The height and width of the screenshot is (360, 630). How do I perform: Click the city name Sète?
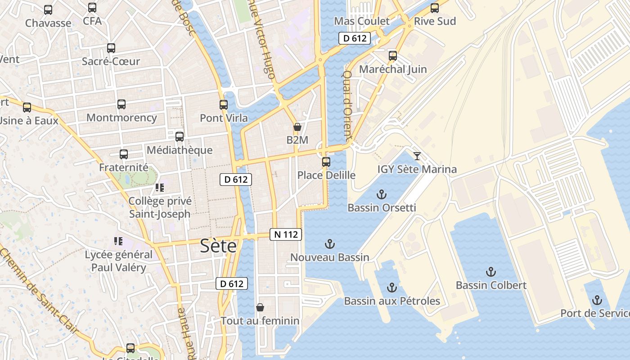pyautogui.click(x=218, y=246)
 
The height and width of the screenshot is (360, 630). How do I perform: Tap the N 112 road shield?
pyautogui.click(x=286, y=234)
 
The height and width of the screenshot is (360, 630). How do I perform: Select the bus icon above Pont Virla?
pyautogui.click(x=224, y=105)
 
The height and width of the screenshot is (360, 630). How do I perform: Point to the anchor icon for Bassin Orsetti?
pyautogui.click(x=382, y=195)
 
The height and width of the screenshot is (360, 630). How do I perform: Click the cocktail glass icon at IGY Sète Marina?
pyautogui.click(x=417, y=156)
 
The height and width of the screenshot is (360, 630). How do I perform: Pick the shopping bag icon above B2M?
pyautogui.click(x=297, y=127)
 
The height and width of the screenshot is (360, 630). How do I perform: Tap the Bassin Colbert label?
pyautogui.click(x=491, y=285)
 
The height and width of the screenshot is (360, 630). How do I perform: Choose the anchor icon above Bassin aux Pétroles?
pyautogui.click(x=392, y=288)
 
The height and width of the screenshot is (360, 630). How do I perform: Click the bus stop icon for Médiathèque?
pyautogui.click(x=180, y=137)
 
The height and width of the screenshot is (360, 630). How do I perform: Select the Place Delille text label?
pyautogui.click(x=326, y=175)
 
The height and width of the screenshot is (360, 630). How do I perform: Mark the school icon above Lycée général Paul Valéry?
pyautogui.click(x=118, y=241)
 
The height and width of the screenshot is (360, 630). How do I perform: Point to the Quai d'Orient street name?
pyautogui.click(x=347, y=104)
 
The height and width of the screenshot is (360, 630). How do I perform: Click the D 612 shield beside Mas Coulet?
pyautogui.click(x=355, y=39)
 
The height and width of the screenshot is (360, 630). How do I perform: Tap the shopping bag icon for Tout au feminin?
pyautogui.click(x=260, y=308)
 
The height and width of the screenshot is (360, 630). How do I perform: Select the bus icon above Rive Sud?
pyautogui.click(x=435, y=8)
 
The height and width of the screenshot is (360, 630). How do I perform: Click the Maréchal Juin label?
pyautogui.click(x=393, y=69)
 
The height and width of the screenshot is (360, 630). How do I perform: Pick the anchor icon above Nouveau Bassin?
pyautogui.click(x=330, y=244)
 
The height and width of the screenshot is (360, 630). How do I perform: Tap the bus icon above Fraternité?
pyautogui.click(x=124, y=154)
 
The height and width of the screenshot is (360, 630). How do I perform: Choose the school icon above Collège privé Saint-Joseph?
pyautogui.click(x=160, y=187)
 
